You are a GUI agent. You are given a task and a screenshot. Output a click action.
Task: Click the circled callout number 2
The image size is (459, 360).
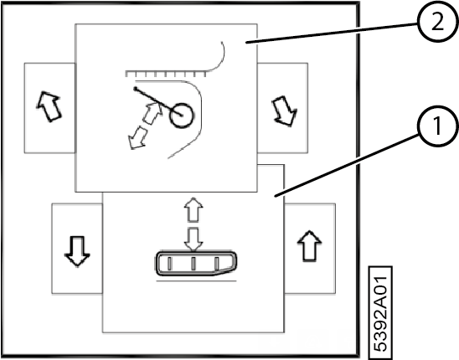click(437, 23)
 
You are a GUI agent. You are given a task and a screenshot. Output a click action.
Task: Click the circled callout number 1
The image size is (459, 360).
click(437, 126)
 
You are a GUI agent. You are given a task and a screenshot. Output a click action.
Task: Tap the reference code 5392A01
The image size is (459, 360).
click(380, 313)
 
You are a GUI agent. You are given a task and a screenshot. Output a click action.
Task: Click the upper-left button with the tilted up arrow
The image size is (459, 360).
click(49, 108)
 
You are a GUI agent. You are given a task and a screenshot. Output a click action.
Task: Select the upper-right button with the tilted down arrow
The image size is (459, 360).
click(282, 108)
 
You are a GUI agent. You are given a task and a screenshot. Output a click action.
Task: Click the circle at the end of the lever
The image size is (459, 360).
click(182, 116)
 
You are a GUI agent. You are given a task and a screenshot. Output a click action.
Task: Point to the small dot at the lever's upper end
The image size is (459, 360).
click(135, 88)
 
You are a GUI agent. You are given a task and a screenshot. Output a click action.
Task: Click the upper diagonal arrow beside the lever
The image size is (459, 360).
click(153, 113)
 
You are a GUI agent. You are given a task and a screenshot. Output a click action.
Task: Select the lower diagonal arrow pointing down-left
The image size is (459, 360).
click(137, 137)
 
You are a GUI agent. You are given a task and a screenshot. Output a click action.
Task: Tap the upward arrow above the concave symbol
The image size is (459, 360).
click(193, 209)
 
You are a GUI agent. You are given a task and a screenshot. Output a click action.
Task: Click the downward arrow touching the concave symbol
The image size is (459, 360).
click(193, 240)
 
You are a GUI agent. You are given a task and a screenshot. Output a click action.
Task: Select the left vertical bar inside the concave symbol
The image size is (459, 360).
click(170, 264)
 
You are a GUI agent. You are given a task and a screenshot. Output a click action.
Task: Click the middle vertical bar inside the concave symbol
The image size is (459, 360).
click(193, 264)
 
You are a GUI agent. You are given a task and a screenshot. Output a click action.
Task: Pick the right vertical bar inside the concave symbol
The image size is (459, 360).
click(217, 264)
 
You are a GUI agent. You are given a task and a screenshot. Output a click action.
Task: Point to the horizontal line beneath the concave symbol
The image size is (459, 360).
click(197, 281)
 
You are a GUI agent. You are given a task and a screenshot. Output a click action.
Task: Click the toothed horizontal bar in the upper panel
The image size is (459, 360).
click(166, 74)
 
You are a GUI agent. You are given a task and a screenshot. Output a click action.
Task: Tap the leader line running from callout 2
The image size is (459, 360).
click(332, 33)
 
